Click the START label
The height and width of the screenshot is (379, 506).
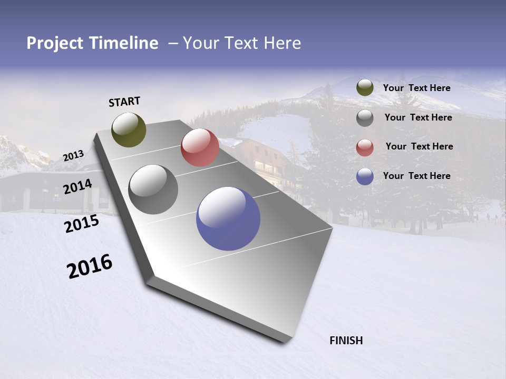coord(124,102)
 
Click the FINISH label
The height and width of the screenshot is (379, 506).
coord(346,341)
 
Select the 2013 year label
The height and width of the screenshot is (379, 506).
coord(73,155)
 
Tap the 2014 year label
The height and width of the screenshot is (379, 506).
coord(77,187)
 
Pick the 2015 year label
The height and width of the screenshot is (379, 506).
coord(81,224)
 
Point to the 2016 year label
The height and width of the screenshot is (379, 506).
coord(90,266)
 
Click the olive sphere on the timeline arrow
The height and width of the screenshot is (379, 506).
coord(129,129)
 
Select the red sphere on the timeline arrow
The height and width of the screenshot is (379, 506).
coord(200,147)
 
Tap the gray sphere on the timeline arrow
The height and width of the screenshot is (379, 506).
coord(153,189)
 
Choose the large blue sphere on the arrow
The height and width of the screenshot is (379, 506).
coord(228,218)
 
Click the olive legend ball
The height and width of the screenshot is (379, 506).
coord(365,88)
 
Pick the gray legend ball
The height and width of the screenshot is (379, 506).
coord(365,118)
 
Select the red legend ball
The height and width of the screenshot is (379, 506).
coord(365,147)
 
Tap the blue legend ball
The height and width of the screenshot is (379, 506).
coord(365,176)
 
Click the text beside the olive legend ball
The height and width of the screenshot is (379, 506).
coord(416,88)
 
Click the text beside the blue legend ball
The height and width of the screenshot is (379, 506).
coord(416,176)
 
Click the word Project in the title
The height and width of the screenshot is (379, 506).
coord(54,43)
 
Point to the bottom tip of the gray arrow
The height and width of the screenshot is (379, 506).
coord(285,341)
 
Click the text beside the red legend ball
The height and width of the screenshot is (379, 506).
coord(419,146)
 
